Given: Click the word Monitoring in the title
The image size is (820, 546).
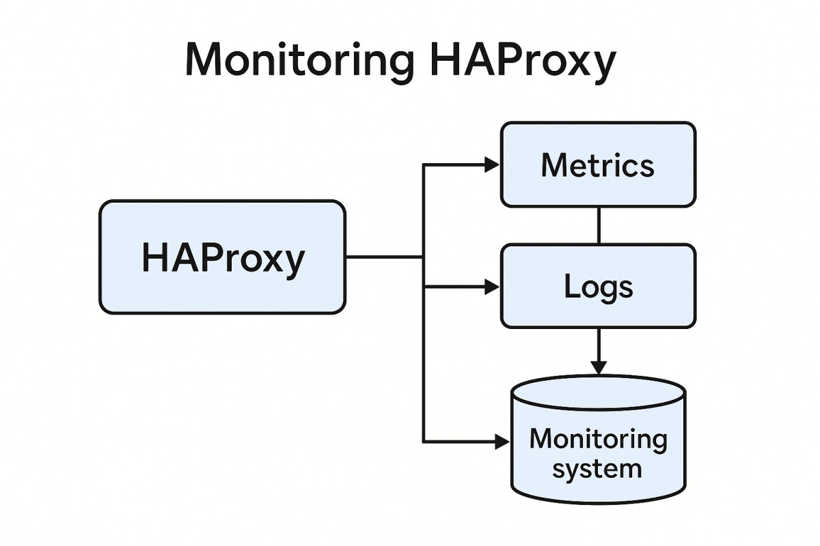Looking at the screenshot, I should coord(299,61).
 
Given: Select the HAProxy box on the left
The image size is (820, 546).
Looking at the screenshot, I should coord(222,257).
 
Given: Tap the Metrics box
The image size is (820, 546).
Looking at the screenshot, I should coord(598,164).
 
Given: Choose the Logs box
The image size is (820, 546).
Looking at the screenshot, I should coord(598,287).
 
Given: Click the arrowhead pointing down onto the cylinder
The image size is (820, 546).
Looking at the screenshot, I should coord(599,367).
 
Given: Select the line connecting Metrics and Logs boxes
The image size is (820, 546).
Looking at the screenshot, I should coord(599,225).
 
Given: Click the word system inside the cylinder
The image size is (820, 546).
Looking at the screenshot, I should coord(597,470).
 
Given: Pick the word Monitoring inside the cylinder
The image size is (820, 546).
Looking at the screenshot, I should coord(598,439).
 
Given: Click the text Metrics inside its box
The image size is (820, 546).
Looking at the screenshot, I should coord(597,166).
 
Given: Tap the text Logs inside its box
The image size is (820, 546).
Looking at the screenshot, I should coord(598,288).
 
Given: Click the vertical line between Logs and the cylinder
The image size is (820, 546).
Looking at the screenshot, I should coord(599,345).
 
